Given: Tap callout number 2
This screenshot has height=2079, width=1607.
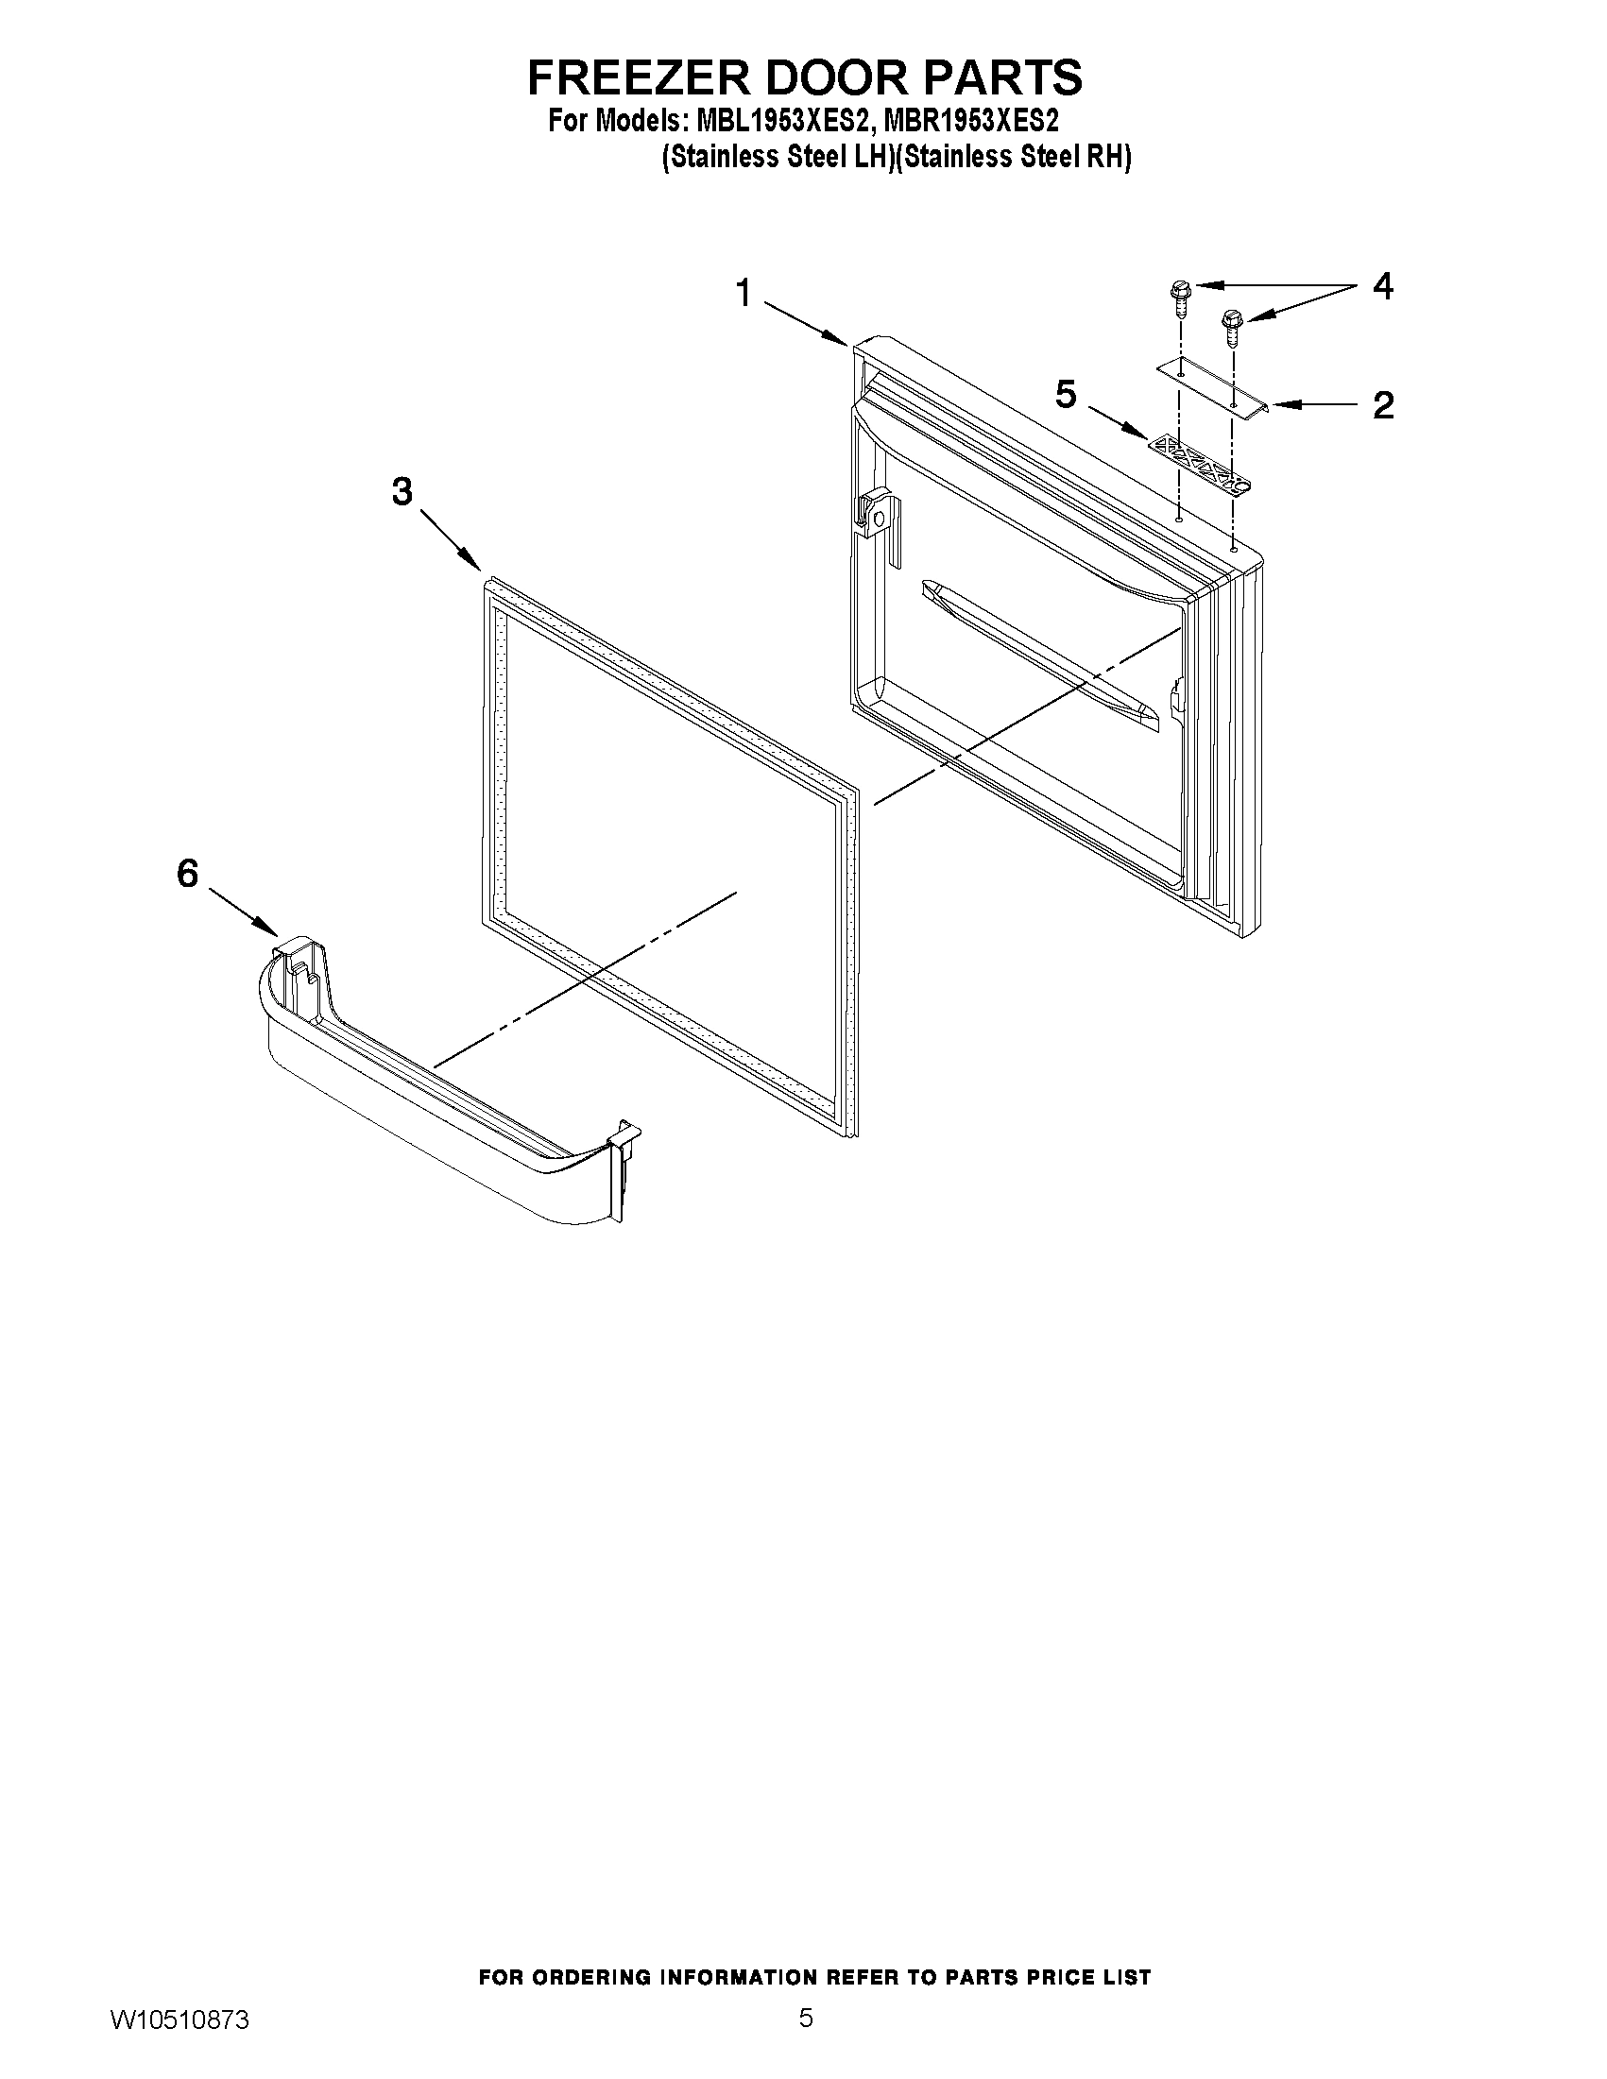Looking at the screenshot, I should [x=1382, y=405].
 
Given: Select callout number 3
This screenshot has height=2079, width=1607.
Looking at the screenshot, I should [x=402, y=491].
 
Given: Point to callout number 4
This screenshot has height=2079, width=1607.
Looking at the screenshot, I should [x=1382, y=285].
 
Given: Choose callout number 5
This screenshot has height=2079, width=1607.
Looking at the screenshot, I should [x=1066, y=394].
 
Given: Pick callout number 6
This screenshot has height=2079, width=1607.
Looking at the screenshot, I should [x=188, y=872].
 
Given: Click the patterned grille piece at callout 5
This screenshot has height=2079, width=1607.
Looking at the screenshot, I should [x=1198, y=466].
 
